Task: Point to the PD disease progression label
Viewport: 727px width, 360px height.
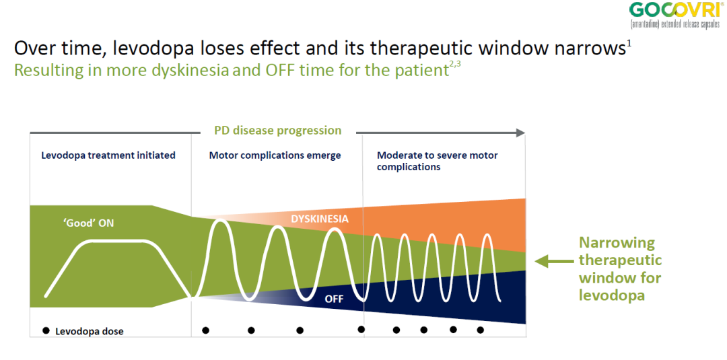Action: click(x=278, y=131)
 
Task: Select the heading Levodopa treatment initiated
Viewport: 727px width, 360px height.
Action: click(x=108, y=155)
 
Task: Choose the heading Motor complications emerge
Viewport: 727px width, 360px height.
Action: click(x=275, y=155)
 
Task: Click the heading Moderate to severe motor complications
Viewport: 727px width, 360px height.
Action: click(x=438, y=161)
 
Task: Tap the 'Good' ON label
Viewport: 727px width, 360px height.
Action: click(x=88, y=223)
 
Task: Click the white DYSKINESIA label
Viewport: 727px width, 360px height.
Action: click(x=320, y=219)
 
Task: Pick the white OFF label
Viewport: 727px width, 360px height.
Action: click(x=335, y=299)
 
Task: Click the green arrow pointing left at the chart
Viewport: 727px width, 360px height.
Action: click(x=553, y=262)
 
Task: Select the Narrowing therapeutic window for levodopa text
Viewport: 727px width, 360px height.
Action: click(x=620, y=268)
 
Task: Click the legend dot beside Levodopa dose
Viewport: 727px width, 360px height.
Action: click(x=46, y=331)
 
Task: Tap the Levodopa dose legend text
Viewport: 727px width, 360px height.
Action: click(x=90, y=331)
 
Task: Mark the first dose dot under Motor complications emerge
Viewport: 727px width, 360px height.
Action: click(x=205, y=330)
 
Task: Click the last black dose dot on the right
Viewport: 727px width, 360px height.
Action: click(x=481, y=330)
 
